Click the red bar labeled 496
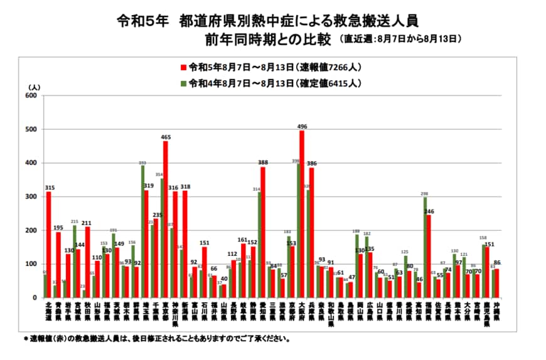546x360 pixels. coord(302,214)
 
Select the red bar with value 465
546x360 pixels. coord(165,220)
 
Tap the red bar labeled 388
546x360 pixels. coord(263,232)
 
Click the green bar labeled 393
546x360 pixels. coord(142,231)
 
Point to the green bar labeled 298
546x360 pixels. coord(425,247)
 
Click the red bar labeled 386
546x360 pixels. coord(312,233)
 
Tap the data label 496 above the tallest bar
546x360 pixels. coord(302,125)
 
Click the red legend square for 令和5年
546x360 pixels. coord(184,67)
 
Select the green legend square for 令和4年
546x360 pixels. coord(184,83)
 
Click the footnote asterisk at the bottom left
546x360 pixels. coord(26,339)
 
